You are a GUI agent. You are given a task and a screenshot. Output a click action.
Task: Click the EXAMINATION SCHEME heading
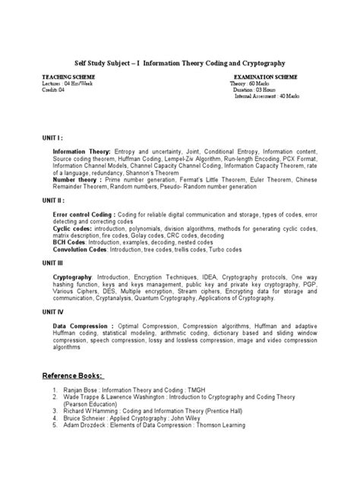pos(267,77)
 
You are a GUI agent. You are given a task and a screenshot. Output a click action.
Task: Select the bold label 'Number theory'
pos(75,179)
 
